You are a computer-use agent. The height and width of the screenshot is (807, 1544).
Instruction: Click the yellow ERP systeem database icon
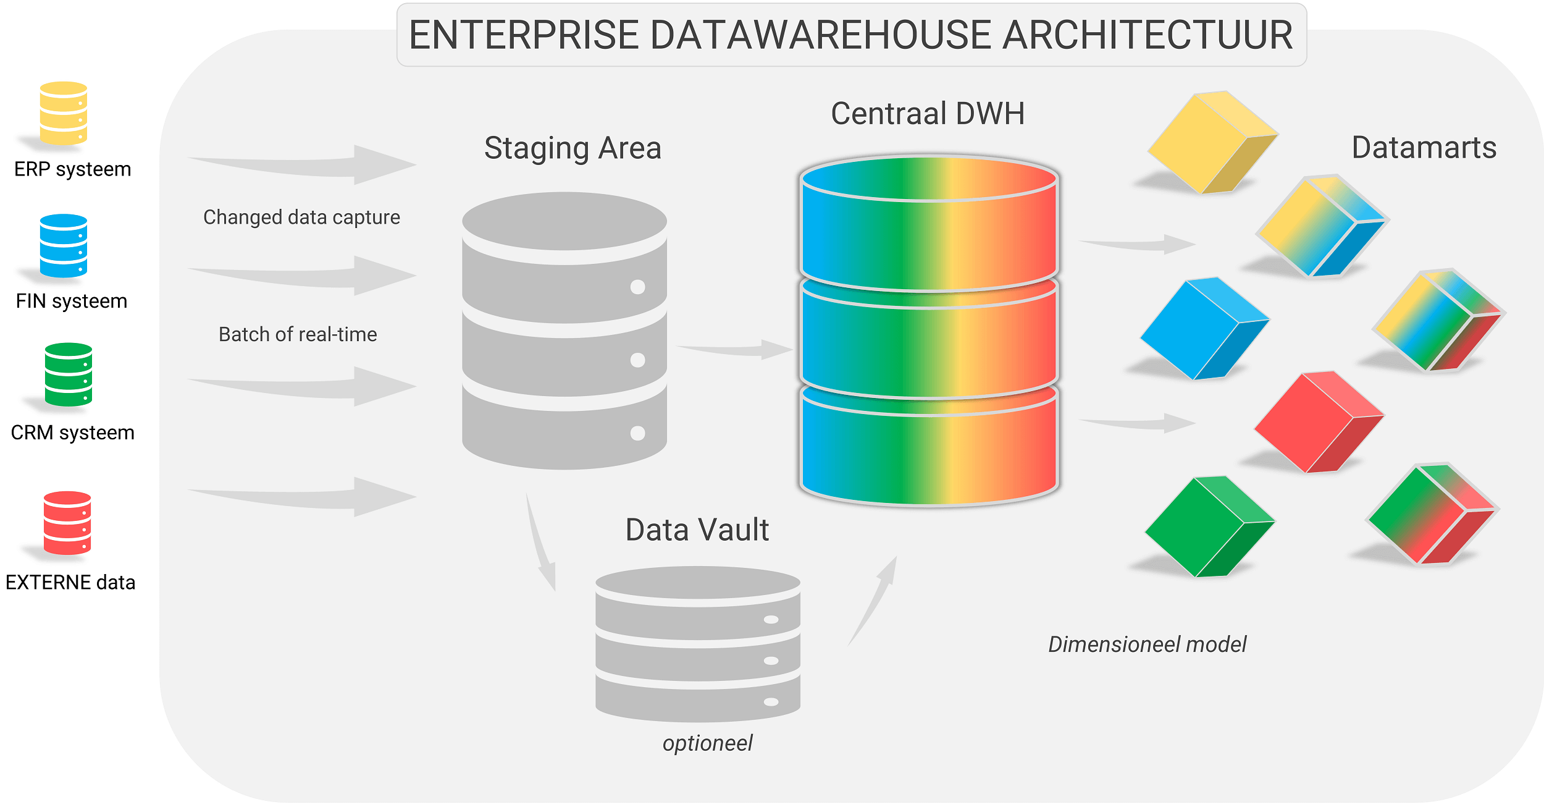63,113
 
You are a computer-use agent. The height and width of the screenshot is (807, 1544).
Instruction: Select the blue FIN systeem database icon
63,245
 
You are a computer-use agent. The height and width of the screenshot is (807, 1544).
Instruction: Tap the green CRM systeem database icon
68,374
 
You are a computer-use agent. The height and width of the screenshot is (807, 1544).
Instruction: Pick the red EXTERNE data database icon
67,523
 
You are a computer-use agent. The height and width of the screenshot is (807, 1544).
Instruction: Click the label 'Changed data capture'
301,218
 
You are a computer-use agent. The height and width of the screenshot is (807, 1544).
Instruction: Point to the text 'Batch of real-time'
298,334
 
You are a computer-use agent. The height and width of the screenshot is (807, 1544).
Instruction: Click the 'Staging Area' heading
573,148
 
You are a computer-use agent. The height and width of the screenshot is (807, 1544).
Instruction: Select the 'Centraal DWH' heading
928,114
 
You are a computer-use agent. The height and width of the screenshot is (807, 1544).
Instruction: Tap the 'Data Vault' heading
697,530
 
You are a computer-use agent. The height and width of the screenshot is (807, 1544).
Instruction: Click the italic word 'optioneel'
707,743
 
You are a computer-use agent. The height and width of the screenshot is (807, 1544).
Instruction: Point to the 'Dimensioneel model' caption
1147,644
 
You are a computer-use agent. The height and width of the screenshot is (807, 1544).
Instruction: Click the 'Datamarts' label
1424,148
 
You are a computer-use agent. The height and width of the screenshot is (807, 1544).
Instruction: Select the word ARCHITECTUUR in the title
1147,35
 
